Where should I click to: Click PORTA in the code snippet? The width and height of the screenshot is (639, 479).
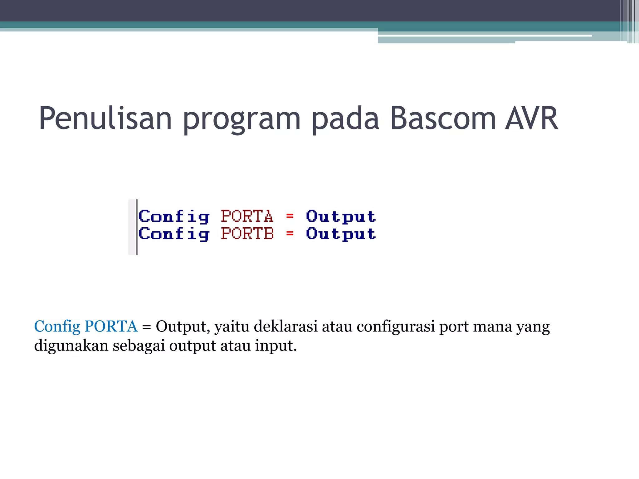[x=247, y=216]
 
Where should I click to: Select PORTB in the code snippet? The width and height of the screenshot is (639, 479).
[x=247, y=234]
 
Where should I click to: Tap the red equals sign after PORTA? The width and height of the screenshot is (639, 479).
[x=290, y=216]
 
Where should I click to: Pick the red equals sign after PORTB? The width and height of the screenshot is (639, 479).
[x=290, y=233]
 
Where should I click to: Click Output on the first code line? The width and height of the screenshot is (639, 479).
[x=341, y=216]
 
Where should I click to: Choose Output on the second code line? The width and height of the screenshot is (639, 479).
[x=341, y=234]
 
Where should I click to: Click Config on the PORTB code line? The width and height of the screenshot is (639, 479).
[x=174, y=234]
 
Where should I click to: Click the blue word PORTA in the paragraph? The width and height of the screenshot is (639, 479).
[x=111, y=326]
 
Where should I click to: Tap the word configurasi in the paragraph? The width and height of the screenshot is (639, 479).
[x=396, y=326]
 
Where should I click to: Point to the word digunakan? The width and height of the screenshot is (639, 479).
[x=71, y=346]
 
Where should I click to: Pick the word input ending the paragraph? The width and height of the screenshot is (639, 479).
[x=275, y=346]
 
